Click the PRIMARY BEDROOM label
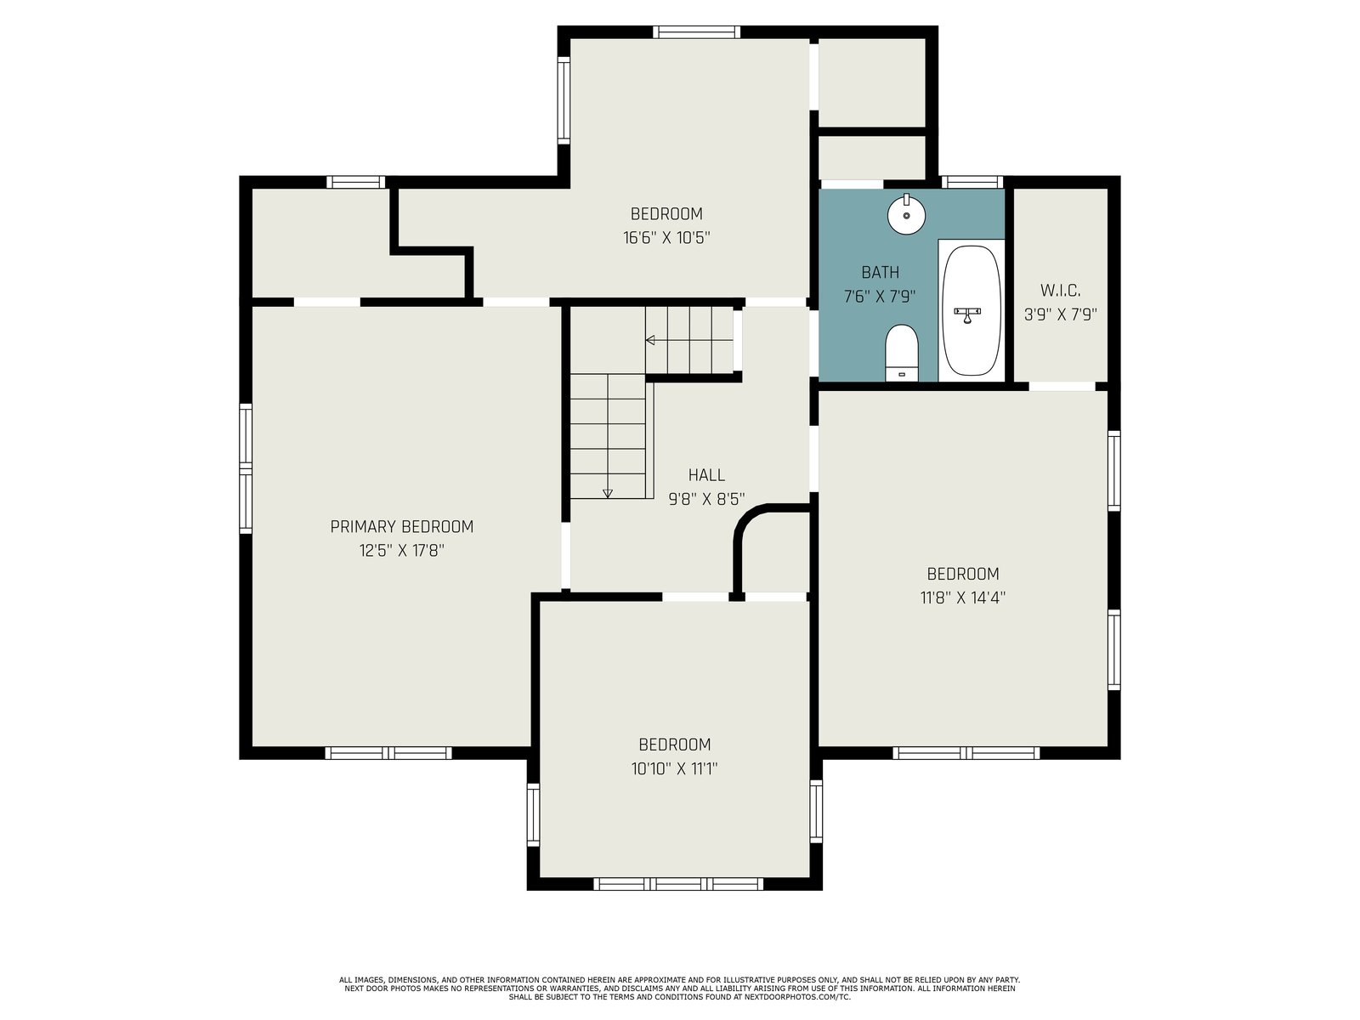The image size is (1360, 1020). click(401, 526)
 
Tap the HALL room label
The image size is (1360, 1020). click(706, 475)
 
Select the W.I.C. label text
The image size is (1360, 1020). click(1060, 290)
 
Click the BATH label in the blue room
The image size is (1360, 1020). click(880, 272)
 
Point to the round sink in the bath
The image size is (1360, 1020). click(906, 214)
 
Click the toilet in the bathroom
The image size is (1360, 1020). click(902, 353)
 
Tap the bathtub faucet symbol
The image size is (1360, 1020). click(966, 314)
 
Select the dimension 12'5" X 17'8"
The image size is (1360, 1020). click(401, 550)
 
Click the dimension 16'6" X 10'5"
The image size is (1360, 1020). click(666, 238)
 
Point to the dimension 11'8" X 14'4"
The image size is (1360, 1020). click(962, 598)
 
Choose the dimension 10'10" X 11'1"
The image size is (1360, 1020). click(674, 768)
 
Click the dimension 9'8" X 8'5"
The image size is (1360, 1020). click(706, 499)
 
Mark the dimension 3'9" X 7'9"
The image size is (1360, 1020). click(1060, 314)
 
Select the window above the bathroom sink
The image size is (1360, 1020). click(972, 181)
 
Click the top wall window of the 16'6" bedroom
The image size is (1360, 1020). click(696, 31)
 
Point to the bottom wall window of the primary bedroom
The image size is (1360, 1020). click(388, 753)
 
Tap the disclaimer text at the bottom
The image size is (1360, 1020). click(679, 989)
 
